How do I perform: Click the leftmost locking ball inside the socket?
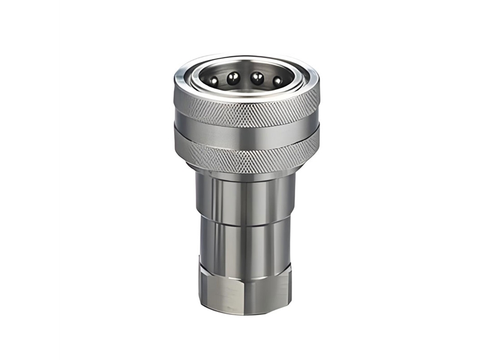[x=214, y=80]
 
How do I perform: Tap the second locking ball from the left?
[x=233, y=77]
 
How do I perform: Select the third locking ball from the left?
[x=257, y=77]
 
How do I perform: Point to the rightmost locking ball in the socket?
[x=278, y=80]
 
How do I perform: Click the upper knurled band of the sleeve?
[x=246, y=111]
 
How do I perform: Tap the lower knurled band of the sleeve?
[x=246, y=158]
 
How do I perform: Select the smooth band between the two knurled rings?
[x=246, y=135]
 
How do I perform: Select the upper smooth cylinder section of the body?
[x=246, y=198]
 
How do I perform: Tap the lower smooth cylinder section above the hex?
[x=246, y=243]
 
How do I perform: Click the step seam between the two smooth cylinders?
[x=246, y=220]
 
